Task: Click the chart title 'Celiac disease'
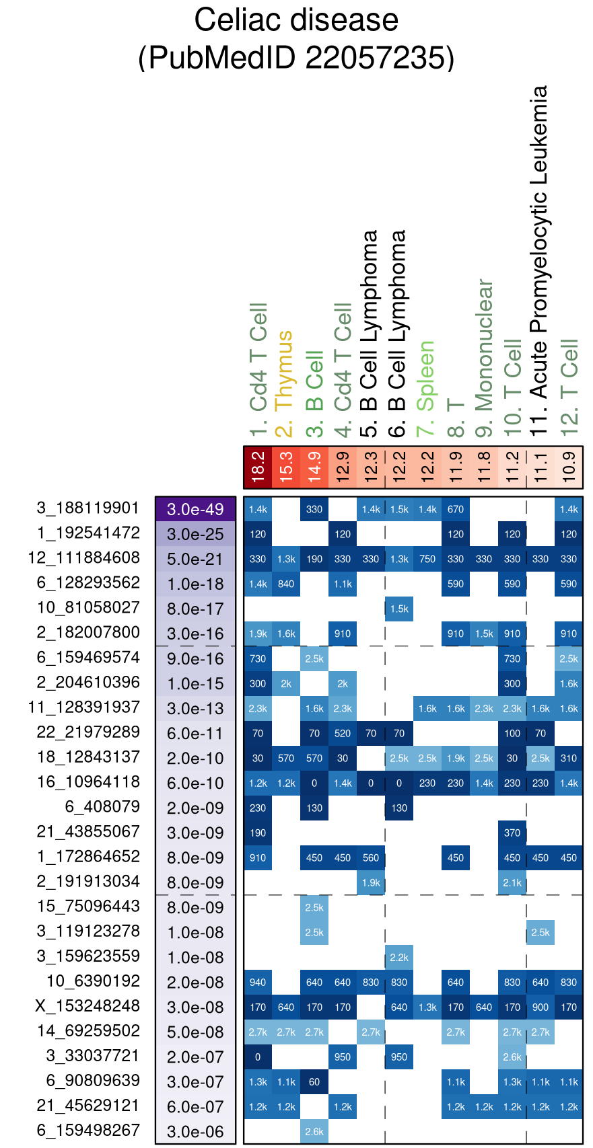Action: [296, 20]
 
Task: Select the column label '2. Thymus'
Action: [285, 380]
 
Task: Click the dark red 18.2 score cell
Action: [258, 467]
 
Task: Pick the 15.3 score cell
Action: [286, 467]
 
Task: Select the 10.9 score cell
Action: [569, 467]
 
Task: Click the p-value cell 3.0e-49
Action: [195, 509]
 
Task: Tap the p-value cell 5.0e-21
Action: [195, 559]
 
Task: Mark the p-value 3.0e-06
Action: [195, 1131]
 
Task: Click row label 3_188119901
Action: [88, 508]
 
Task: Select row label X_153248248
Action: [88, 1006]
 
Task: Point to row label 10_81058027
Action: [88, 608]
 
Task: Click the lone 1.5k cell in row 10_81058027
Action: [399, 609]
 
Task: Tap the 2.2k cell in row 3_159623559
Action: [399, 957]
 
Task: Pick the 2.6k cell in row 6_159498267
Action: [314, 1131]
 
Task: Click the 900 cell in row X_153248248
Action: [540, 1007]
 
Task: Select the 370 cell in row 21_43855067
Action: [512, 833]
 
